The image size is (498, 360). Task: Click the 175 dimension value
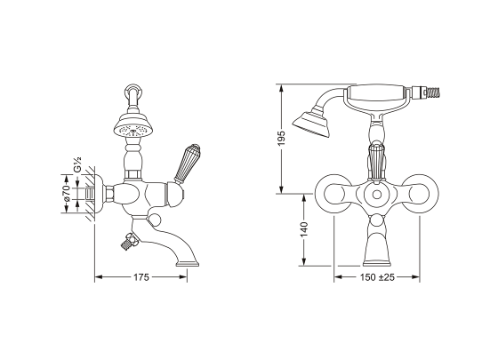click(x=141, y=277)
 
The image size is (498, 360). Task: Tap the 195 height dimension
click(x=282, y=139)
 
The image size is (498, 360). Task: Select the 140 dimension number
click(x=304, y=229)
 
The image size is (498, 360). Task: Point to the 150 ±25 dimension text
click(x=377, y=277)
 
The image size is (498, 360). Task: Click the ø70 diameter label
click(x=66, y=194)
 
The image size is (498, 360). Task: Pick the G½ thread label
click(x=77, y=164)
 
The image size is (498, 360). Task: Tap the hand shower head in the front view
click(x=311, y=124)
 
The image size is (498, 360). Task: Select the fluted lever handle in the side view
click(x=187, y=164)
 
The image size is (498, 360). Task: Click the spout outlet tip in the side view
click(x=188, y=264)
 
